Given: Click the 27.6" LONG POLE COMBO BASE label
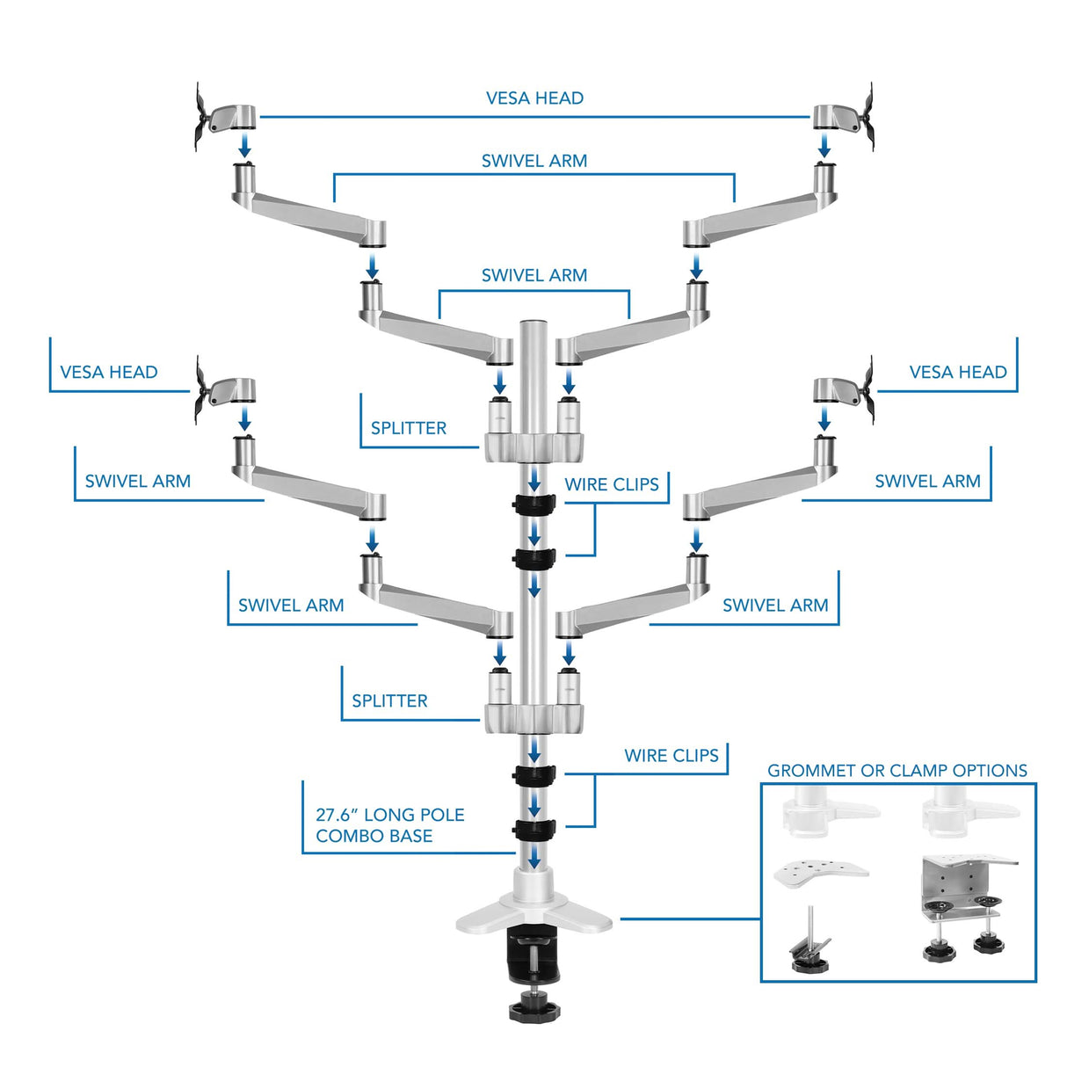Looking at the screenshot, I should coord(389,825).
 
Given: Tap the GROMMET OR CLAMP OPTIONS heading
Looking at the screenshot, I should coord(896,771).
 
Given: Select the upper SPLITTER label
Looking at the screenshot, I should coord(408,428).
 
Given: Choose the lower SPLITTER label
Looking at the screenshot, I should coord(389,700).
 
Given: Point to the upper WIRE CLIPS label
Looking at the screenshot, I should coord(611,484).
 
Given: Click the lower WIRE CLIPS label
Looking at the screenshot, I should coord(671,755).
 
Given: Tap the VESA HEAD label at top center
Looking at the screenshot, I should coord(534,98).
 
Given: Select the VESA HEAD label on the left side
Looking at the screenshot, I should coord(109,372).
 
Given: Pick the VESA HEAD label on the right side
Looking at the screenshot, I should coord(957,372).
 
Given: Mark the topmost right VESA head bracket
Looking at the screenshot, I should coord(844,118).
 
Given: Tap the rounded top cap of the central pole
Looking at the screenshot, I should coord(533,327).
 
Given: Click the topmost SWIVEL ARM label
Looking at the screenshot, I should coord(534,161).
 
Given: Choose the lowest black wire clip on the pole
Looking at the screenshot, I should coord(534,829).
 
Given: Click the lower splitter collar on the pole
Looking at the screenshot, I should coord(533,716).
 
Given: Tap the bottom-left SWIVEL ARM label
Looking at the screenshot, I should coord(291,605).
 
